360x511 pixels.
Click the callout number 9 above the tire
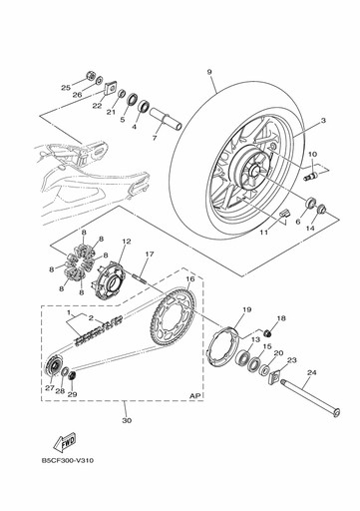[x=210, y=72]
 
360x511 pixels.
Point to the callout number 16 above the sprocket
[x=190, y=281]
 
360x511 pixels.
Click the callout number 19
[x=246, y=310]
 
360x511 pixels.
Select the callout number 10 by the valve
[x=312, y=155]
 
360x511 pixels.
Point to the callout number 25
[x=65, y=89]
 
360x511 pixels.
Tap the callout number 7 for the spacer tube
[x=156, y=139]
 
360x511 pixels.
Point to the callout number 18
[x=280, y=318]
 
